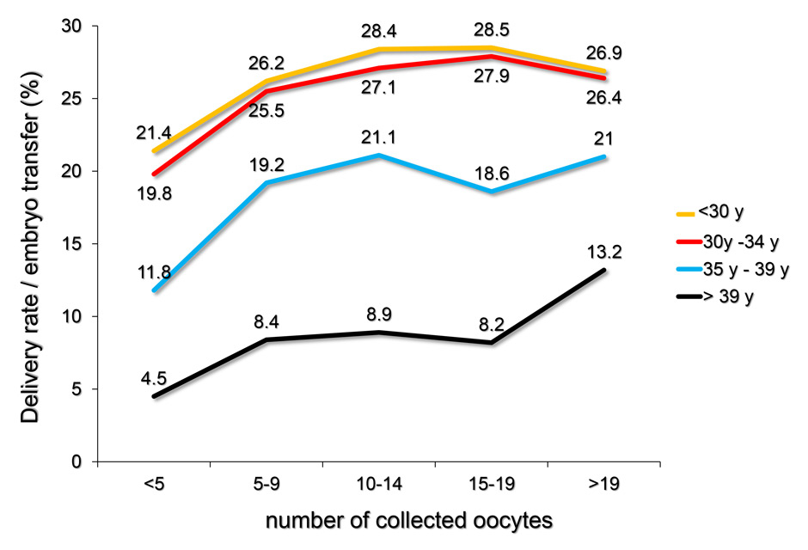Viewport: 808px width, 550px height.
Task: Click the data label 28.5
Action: [492, 30]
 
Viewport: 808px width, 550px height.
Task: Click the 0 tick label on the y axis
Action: [77, 462]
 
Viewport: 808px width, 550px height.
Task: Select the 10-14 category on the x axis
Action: [379, 485]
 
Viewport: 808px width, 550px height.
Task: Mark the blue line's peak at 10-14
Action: [379, 155]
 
